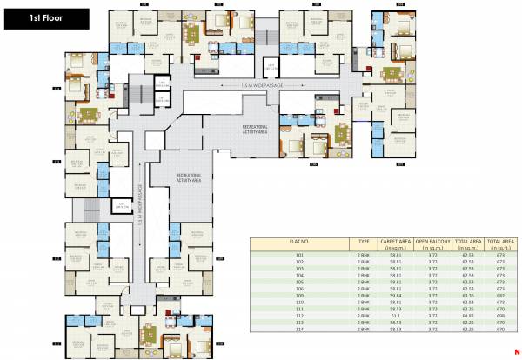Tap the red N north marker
click(x=516, y=350)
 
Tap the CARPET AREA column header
click(x=395, y=244)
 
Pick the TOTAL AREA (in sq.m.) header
click(x=466, y=244)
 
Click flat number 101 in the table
click(x=300, y=257)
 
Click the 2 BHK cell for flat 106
click(x=364, y=288)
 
